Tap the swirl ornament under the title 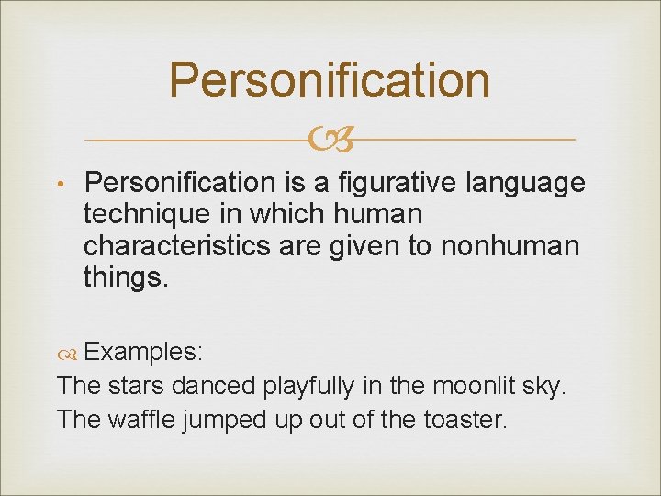click(330, 141)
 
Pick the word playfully click(308, 387)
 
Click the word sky click(546, 387)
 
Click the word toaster click(464, 420)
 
